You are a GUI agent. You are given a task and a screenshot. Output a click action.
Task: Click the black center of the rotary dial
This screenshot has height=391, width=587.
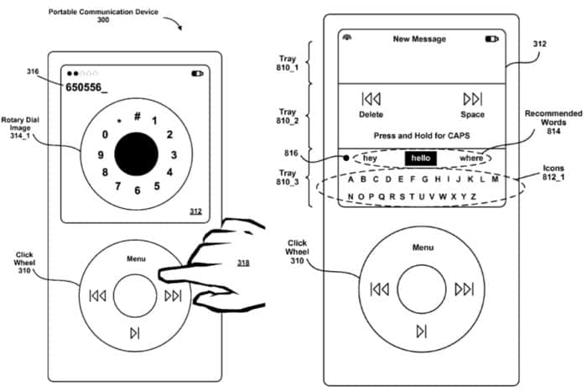(135, 155)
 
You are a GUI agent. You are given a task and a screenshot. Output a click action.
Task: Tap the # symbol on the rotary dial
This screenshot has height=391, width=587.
(137, 117)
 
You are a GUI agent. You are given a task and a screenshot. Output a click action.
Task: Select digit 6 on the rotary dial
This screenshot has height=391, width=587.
(136, 191)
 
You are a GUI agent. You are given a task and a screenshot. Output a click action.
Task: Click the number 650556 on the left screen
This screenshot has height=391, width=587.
(92, 87)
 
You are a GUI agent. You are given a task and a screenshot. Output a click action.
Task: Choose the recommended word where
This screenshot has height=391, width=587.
(472, 158)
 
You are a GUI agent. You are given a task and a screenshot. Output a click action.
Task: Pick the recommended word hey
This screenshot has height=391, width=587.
(370, 158)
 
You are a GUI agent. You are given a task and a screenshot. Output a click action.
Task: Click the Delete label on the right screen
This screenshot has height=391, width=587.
(371, 114)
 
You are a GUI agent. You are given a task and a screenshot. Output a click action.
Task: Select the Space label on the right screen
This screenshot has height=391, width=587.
(472, 114)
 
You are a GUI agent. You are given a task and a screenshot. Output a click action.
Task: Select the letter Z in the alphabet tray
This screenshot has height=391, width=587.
(474, 197)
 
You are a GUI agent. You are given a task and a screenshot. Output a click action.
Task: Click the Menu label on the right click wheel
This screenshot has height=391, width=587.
(423, 248)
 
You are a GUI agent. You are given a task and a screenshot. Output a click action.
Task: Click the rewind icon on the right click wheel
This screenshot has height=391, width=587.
(380, 289)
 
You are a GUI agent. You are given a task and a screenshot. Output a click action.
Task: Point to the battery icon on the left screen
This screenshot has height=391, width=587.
(198, 73)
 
